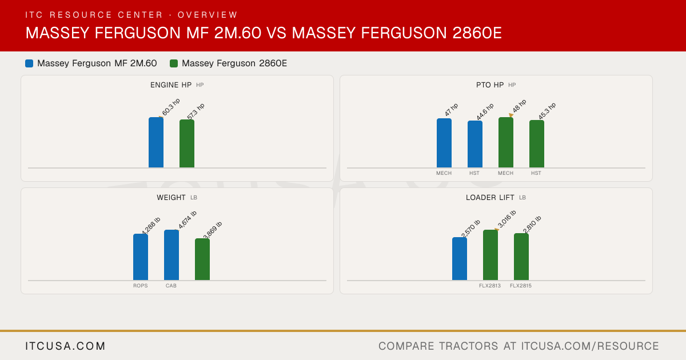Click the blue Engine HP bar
156,142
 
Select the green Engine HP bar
187,143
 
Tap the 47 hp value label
451,110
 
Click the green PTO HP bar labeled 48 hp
505,142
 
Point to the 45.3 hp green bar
537,144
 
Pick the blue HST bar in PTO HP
474,144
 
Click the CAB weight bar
171,255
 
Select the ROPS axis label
140,286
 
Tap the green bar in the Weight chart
202,259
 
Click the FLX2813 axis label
490,286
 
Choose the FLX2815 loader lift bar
521,257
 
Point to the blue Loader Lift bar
460,259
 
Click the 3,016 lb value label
507,219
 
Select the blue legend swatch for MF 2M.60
29,63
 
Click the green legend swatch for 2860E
174,63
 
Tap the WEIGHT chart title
171,198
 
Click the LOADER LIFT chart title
490,198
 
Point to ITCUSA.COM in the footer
65,346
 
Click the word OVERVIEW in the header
208,15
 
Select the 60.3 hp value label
171,107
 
